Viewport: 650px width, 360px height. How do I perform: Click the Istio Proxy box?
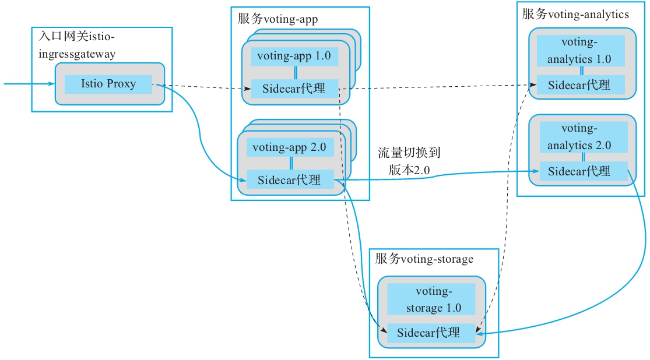(108, 84)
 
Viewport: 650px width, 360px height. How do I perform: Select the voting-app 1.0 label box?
(294, 57)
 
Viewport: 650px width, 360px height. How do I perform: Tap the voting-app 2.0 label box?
(290, 147)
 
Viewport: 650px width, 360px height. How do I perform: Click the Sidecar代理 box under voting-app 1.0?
(294, 89)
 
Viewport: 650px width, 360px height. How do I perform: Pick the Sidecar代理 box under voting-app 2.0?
(290, 179)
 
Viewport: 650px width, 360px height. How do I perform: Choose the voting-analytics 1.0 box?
(580, 50)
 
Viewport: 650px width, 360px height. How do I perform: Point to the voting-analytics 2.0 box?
(583, 136)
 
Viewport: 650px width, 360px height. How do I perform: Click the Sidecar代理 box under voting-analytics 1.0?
(580, 84)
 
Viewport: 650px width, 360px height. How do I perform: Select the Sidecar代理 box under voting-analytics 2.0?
(583, 171)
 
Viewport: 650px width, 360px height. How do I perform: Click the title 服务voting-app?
(277, 19)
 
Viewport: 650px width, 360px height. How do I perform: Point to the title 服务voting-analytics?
(575, 14)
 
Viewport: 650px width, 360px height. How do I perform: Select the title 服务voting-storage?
(424, 259)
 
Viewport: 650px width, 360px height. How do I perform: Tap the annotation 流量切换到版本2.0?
(409, 161)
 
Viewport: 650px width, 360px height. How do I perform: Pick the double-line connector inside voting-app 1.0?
(296, 73)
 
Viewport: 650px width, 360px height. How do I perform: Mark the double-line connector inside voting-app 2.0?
(291, 163)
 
